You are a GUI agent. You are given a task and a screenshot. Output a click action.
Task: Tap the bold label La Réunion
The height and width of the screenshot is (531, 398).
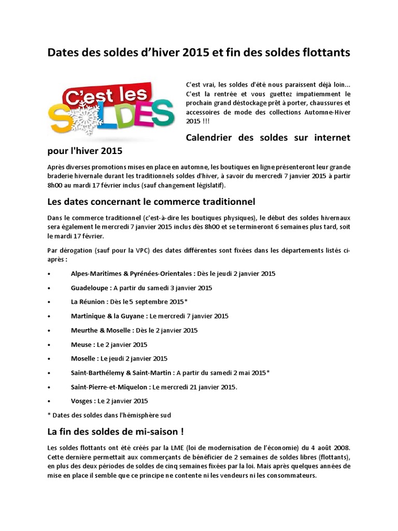coord(89,301)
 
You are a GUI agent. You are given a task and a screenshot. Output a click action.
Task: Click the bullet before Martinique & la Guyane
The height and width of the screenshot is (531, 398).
coord(49,316)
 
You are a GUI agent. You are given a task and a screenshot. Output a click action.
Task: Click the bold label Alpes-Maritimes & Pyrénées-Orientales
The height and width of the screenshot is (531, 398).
coord(132,273)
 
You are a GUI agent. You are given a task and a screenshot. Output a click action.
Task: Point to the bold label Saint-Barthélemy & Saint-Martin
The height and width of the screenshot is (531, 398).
coord(122,372)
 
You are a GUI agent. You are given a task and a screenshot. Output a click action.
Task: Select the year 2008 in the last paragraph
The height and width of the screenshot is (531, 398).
coord(338,447)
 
